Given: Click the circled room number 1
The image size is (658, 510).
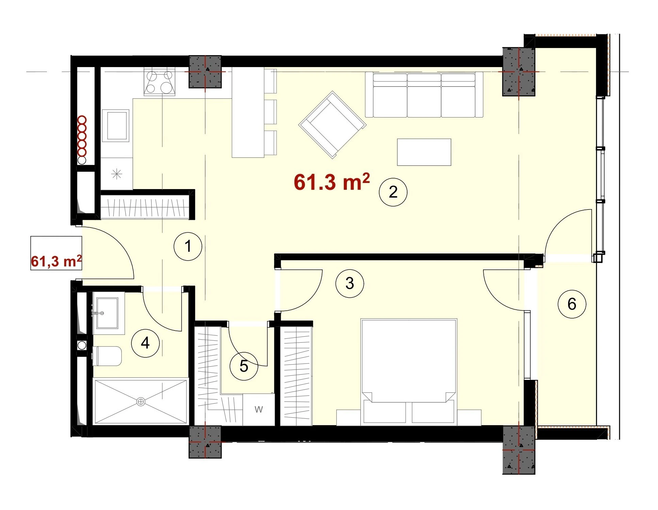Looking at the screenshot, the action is click(188, 246).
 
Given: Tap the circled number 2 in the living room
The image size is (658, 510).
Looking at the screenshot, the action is click(393, 192).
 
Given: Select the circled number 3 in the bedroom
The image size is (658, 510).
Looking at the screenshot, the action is click(350, 283).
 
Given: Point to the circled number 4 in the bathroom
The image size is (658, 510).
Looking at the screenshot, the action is click(145, 343).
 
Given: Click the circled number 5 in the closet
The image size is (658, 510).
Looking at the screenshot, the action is click(244, 366).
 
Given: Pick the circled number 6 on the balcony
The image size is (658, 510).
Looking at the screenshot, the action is click(572, 304).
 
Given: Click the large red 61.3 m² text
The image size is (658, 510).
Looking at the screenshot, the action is click(332, 182).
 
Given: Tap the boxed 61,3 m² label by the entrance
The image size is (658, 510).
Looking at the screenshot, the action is click(56, 261).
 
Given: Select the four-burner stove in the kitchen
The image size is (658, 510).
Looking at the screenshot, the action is click(159, 82).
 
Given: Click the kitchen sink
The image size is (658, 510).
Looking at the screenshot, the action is click(116, 125).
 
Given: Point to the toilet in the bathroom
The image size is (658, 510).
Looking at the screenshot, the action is click(107, 356).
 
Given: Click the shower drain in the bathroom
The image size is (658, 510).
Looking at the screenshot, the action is click(141, 402).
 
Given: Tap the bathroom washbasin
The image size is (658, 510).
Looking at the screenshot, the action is click(107, 313).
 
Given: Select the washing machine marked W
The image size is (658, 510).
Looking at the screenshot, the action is click(259, 409).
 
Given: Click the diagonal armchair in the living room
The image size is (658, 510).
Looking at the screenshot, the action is click(332, 125).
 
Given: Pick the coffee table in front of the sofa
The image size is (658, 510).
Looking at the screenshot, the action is click(424, 152).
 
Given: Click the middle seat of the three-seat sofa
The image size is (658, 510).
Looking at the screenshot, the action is click(424, 96).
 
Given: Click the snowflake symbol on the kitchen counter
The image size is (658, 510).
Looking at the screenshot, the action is click(117, 174).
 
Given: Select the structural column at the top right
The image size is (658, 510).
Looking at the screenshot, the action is click(519, 72).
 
